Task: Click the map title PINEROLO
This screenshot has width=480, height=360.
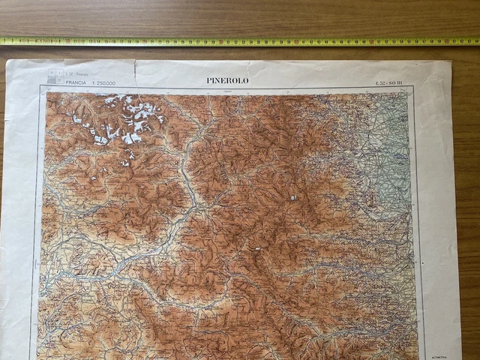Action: tap(227, 79)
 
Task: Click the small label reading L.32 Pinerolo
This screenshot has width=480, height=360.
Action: tap(75, 73)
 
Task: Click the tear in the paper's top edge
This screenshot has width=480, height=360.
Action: tap(133, 69)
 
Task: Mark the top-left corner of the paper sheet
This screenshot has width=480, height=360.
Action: tap(7, 61)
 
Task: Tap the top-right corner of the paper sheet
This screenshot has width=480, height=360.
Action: tap(451, 62)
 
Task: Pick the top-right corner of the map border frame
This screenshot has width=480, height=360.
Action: tap(413, 87)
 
